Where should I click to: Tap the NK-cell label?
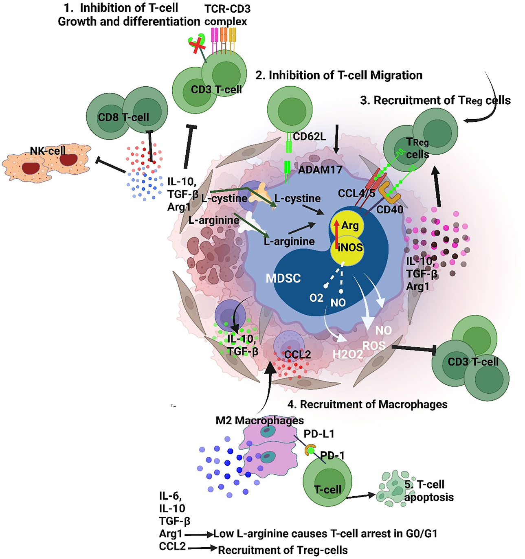click(48, 151)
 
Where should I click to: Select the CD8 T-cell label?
click(123, 117)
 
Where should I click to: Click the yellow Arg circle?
click(347, 225)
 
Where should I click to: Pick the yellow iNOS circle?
click(347, 250)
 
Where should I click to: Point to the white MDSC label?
click(283, 278)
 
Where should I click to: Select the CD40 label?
click(389, 209)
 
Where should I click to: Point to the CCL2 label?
click(297, 354)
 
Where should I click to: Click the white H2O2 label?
click(347, 354)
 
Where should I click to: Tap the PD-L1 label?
click(319, 434)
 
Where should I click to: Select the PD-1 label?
click(332, 455)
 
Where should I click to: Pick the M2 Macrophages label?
click(260, 421)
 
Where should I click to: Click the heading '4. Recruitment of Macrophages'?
click(367, 404)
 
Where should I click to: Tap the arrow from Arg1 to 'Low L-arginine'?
click(199, 534)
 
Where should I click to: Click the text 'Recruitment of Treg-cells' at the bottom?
click(283, 550)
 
